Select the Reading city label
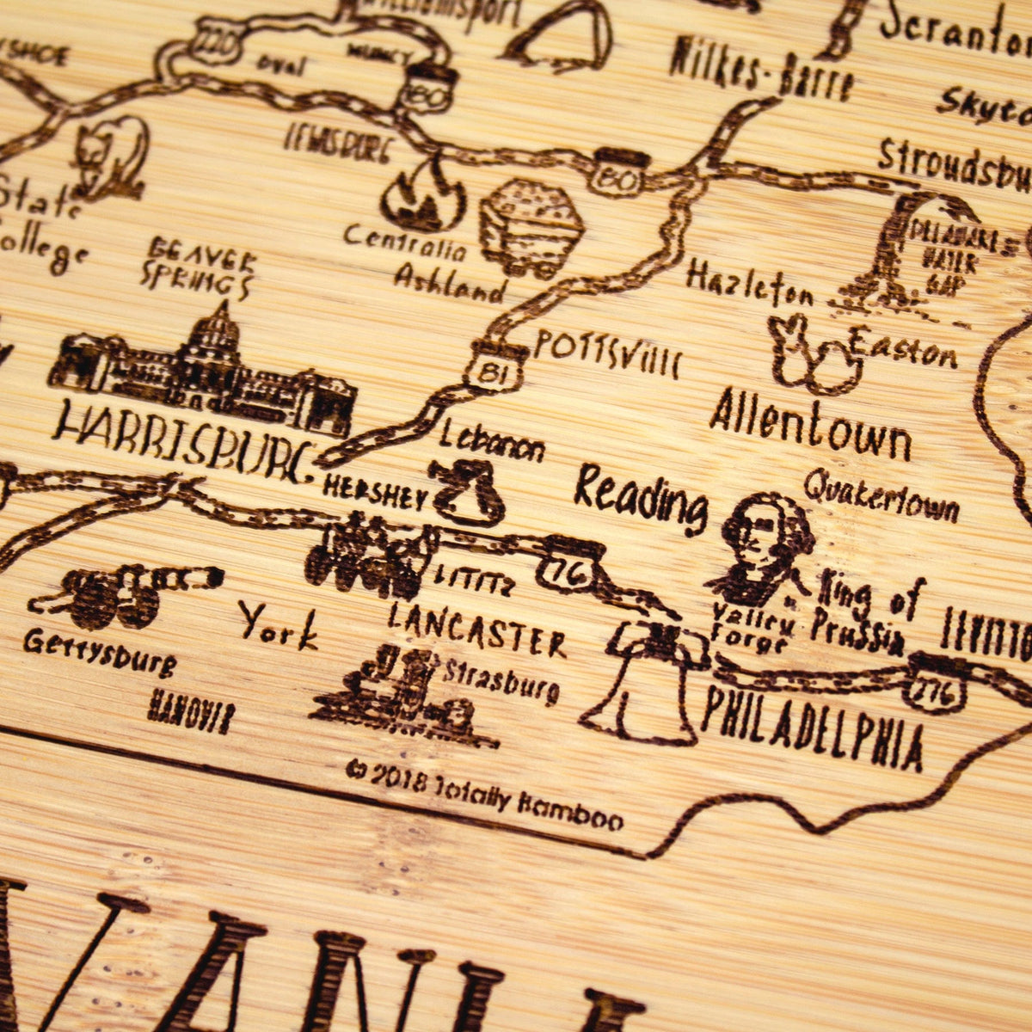641,499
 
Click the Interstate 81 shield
493,368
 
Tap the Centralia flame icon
423,198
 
